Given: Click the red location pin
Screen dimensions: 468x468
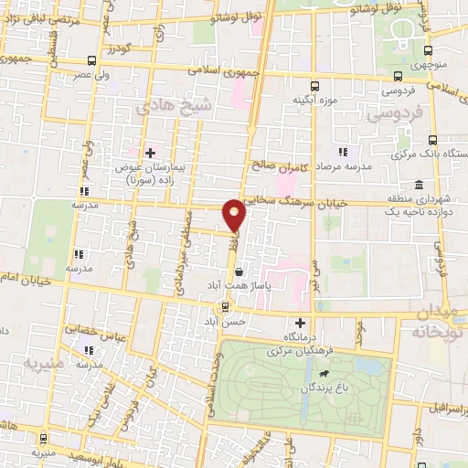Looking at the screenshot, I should click(236, 214).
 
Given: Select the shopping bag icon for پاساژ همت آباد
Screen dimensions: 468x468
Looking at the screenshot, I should click(239, 271).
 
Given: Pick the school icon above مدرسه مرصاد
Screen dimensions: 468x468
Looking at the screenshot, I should click(344, 152).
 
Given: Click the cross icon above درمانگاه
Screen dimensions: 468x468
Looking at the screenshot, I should click(301, 323).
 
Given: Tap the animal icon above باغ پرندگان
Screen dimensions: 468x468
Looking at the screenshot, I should click(323, 374).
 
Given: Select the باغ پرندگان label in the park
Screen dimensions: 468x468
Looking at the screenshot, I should click(319, 388).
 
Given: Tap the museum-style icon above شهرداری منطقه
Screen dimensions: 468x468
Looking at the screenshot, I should click(418, 184).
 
